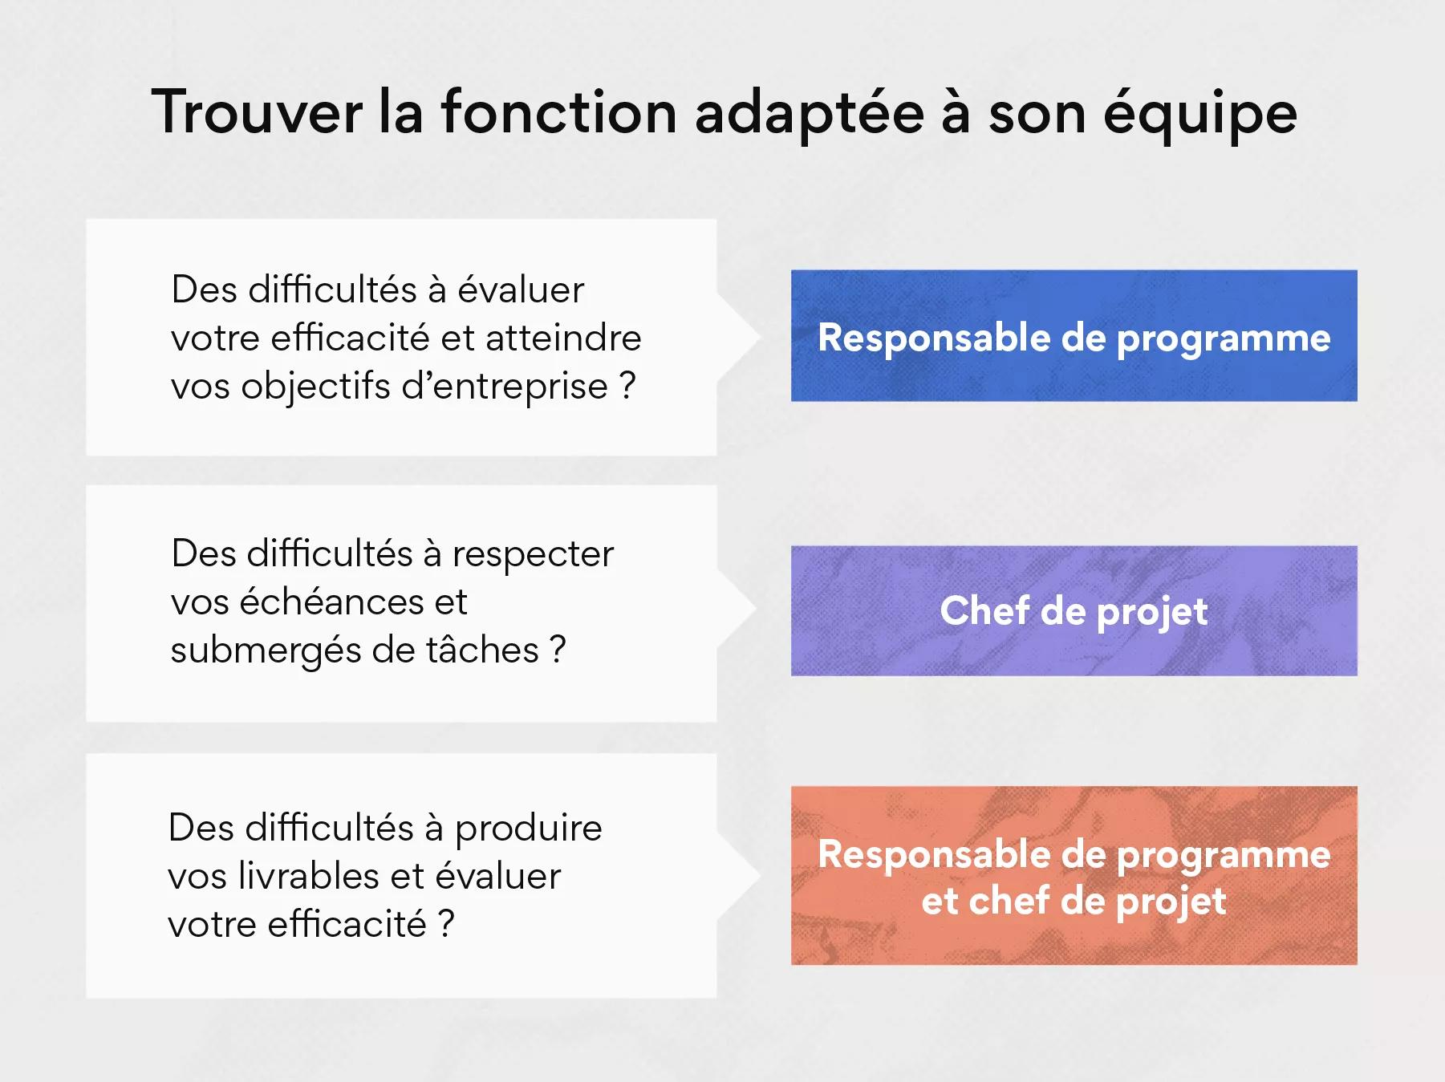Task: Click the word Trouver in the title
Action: (257, 111)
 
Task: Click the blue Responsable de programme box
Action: (1074, 335)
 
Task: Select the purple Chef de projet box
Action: (1074, 610)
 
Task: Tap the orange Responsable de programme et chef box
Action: (1074, 875)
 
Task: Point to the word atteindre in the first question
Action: (563, 338)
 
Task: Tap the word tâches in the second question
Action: (482, 650)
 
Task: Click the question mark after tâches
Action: (558, 650)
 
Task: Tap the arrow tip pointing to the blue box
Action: (759, 337)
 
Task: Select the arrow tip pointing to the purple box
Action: (756, 610)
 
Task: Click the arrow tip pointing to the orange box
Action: (759, 876)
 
